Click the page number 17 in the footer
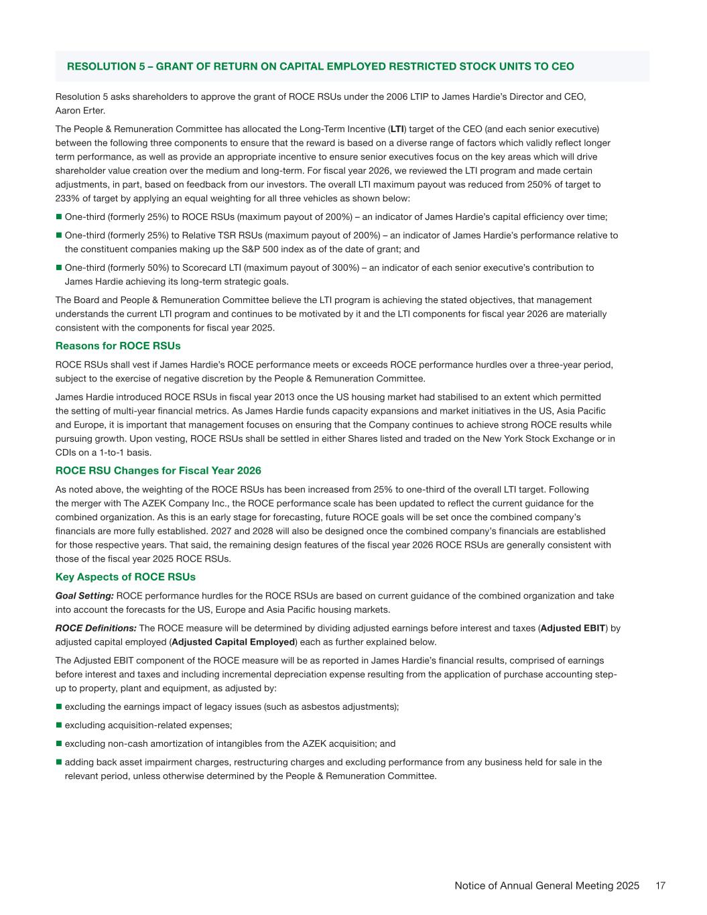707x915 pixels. pyautogui.click(x=660, y=886)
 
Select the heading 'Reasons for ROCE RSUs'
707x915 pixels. pyautogui.click(x=118, y=346)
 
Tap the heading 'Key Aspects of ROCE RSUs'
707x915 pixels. pyautogui.click(x=125, y=576)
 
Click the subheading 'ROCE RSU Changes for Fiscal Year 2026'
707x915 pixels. pyautogui.click(x=158, y=471)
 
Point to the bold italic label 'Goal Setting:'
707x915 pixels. pyautogui.click(x=84, y=595)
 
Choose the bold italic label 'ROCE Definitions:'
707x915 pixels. pyautogui.click(x=96, y=628)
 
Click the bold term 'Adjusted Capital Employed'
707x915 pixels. pyautogui.click(x=233, y=642)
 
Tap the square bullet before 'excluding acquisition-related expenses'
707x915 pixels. pyautogui.click(x=58, y=725)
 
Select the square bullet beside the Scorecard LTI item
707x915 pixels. pyautogui.click(x=58, y=267)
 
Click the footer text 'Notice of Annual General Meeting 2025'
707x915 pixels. pyautogui.click(x=547, y=886)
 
